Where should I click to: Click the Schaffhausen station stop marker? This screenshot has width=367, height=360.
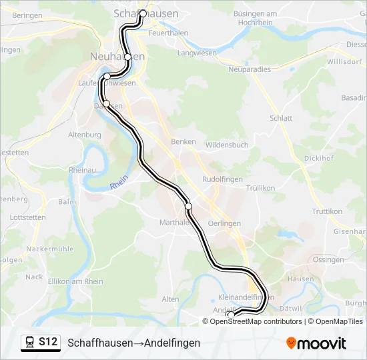coord(142,13)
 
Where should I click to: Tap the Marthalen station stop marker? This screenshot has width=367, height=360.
coord(189,207)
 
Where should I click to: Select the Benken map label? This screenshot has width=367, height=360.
coord(183,141)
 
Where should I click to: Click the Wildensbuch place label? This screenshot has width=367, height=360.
coord(227,145)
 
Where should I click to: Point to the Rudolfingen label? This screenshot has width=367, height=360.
coord(222,179)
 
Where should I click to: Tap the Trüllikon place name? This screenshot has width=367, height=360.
coord(260,188)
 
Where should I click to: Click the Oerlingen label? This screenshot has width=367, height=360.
coord(224,223)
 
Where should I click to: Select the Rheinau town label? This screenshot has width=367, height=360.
coord(82,170)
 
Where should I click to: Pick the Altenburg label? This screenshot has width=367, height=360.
coord(85,135)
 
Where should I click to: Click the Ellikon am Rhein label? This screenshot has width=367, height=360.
coord(76,281)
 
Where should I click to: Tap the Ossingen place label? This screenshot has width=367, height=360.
coord(328,259)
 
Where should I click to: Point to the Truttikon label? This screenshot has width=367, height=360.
coord(327,211)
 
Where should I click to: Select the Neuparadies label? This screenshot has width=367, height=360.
coord(250,69)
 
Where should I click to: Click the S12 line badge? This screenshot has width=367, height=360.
coord(47,342)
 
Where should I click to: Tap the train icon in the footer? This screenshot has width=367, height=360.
coord(30,342)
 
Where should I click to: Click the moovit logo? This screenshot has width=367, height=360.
coord(316,343)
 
